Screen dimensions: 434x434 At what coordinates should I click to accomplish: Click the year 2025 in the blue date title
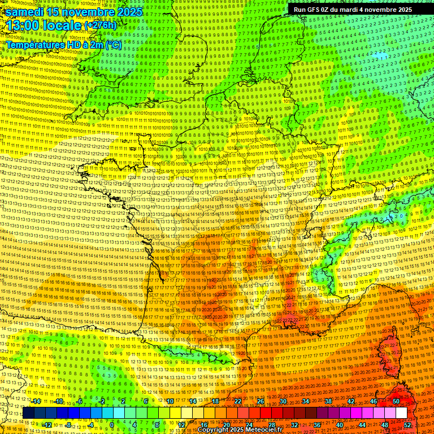(x=128, y=12)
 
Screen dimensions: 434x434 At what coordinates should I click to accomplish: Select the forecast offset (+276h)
(x=101, y=25)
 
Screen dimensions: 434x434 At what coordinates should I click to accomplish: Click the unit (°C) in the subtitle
(x=113, y=44)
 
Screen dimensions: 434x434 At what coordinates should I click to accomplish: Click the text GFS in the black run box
(x=313, y=10)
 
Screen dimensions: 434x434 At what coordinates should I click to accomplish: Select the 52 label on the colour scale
(x=407, y=424)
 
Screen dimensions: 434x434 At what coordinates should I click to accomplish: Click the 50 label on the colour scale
(x=396, y=401)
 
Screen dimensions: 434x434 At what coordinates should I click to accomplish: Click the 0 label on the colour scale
(x=112, y=424)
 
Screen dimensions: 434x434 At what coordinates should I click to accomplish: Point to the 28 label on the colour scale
(x=271, y=424)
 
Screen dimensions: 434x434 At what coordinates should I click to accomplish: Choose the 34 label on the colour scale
(x=306, y=401)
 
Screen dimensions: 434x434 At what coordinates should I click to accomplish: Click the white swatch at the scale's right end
(x=401, y=413)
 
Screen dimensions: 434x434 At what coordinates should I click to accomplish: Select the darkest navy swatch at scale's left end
(x=28, y=413)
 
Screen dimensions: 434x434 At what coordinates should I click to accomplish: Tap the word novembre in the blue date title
(x=86, y=12)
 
